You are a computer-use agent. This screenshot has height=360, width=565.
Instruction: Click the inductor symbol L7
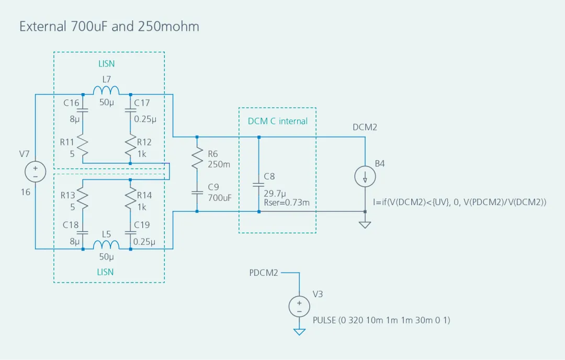click(106, 92)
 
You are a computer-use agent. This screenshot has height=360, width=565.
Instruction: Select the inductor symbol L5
click(106, 245)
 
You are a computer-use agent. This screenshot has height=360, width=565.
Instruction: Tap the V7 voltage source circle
click(35, 172)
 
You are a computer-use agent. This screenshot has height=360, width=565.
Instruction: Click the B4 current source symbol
click(365, 178)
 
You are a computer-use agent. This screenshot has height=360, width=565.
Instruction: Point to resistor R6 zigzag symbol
click(197, 157)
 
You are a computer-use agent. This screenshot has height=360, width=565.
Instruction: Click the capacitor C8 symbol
click(259, 184)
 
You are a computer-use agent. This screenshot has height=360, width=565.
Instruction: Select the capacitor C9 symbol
click(197, 192)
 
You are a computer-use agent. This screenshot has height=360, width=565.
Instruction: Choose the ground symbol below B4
click(365, 224)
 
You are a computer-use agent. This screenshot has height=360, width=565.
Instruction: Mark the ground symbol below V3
click(299, 332)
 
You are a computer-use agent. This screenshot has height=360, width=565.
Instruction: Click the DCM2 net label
click(365, 127)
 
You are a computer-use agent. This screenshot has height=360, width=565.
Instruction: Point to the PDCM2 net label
click(264, 273)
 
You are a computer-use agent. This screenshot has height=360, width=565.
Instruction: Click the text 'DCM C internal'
click(277, 121)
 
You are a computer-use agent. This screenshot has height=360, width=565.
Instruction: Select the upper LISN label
click(106, 64)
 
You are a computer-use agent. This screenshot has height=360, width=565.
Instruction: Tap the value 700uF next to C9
click(219, 198)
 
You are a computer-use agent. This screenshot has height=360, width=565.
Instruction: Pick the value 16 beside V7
click(25, 192)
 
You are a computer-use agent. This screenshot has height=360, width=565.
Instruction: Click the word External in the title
click(43, 26)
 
